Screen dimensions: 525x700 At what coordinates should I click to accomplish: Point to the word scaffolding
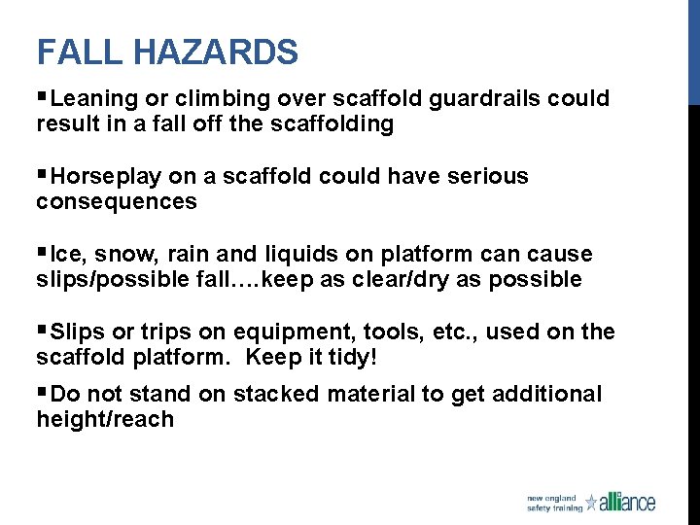coord(333,123)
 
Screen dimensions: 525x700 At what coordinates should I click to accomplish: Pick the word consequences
coord(116,201)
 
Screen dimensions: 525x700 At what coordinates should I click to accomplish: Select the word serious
coord(484,176)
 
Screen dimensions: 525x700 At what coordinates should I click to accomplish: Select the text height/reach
coord(105,419)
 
